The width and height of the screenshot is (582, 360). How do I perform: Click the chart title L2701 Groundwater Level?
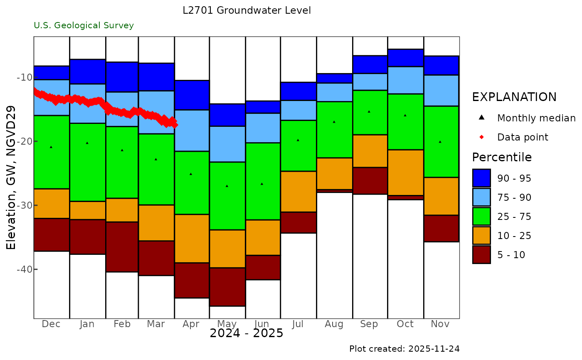click(x=247, y=10)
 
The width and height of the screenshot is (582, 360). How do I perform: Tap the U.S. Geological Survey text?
click(x=84, y=25)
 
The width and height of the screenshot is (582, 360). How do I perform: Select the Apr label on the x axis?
click(x=191, y=324)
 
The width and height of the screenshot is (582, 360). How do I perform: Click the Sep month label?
click(x=369, y=324)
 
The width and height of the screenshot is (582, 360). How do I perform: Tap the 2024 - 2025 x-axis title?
click(x=246, y=333)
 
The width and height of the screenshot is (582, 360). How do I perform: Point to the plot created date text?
click(x=404, y=348)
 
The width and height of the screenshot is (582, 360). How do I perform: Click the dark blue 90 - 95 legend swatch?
click(x=481, y=178)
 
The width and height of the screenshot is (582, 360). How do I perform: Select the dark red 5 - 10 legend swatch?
click(x=481, y=254)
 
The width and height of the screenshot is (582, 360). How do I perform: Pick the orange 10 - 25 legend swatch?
click(x=481, y=235)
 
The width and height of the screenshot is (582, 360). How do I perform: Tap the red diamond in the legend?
click(x=481, y=137)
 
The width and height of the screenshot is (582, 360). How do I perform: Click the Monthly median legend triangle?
click(x=481, y=118)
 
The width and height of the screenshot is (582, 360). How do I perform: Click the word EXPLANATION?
click(x=514, y=97)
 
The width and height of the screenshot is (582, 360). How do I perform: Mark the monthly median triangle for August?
click(x=334, y=122)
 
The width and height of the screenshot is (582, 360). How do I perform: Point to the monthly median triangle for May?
click(x=227, y=186)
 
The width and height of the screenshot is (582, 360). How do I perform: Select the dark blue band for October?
click(x=405, y=58)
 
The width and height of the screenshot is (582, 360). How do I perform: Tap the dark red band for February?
click(x=122, y=247)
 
